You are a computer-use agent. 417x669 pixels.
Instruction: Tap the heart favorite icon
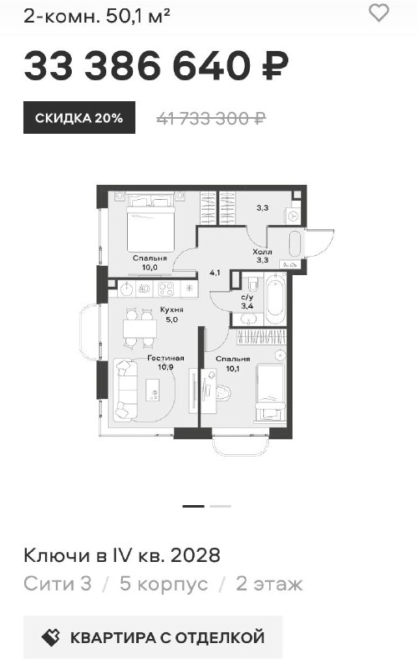click(x=379, y=13)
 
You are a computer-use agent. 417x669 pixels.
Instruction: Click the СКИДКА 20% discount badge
click(x=79, y=117)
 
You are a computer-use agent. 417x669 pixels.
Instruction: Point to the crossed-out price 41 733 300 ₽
click(x=211, y=118)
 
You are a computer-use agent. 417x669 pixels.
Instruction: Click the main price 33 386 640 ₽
click(x=156, y=66)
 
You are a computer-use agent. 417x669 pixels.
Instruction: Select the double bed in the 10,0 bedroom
click(x=151, y=222)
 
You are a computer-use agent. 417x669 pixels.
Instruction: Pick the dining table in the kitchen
click(x=140, y=329)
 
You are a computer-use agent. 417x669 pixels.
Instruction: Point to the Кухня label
click(x=172, y=309)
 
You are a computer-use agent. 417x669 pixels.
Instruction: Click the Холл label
click(x=262, y=252)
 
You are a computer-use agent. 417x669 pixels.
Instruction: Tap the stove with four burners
click(x=165, y=289)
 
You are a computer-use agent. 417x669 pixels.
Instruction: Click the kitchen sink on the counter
click(x=126, y=289)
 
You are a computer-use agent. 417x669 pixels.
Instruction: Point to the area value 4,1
click(x=215, y=273)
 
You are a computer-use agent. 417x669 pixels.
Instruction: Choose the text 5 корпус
click(x=164, y=584)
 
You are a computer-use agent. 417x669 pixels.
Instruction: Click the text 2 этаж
click(x=269, y=584)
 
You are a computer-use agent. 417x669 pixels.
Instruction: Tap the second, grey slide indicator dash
click(x=221, y=506)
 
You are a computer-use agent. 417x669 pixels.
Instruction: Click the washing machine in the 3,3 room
click(x=294, y=217)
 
